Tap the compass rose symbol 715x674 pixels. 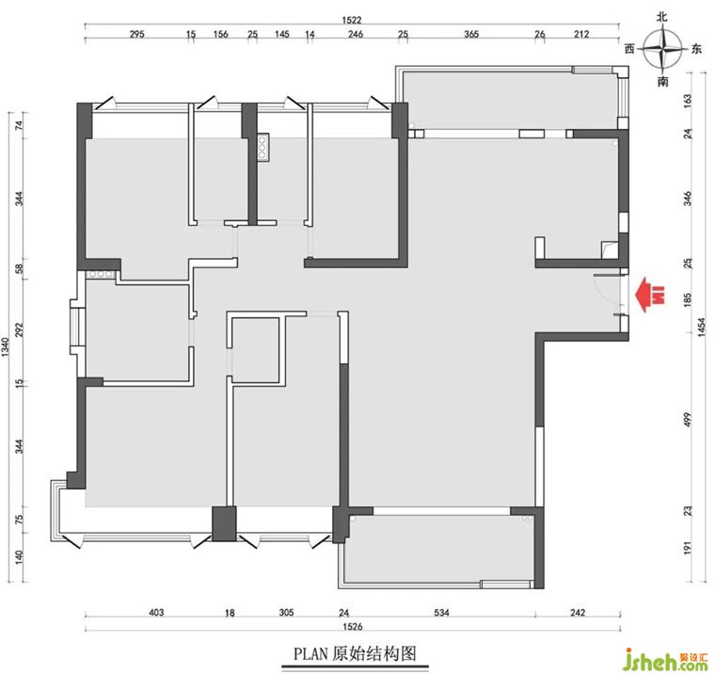[x=662, y=49]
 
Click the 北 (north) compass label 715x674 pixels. [x=662, y=17]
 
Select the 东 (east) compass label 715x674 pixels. [x=696, y=49]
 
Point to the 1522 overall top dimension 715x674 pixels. [x=352, y=20]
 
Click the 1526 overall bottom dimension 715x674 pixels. [x=352, y=627]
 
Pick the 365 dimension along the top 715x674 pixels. [x=471, y=34]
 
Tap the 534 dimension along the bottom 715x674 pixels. [x=441, y=613]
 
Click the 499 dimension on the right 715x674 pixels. [x=688, y=420]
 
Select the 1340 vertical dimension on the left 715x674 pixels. [x=6, y=347]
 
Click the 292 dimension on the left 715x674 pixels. [x=19, y=329]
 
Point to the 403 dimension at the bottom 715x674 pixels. [x=156, y=613]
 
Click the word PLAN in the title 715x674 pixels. [x=310, y=654]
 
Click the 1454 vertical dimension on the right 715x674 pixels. [x=702, y=328]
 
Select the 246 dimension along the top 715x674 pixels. [x=356, y=34]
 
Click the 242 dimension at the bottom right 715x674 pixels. [x=578, y=613]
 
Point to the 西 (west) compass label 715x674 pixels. [x=629, y=49]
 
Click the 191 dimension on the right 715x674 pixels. [x=688, y=548]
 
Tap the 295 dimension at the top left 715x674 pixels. [x=136, y=34]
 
